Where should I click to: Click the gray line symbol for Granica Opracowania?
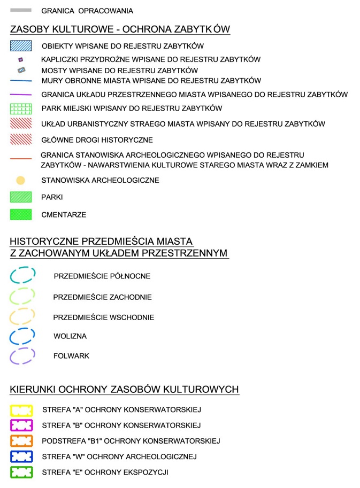coord(21,10)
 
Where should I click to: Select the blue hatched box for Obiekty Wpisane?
coord(21,46)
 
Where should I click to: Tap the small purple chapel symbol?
coord(21,59)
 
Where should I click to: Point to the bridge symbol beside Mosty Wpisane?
coord(21,70)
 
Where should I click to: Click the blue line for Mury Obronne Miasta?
coord(21,81)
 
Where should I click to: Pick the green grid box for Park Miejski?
coord(21,109)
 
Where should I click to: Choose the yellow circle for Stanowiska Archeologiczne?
coord(21,181)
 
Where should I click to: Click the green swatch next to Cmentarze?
coord(21,215)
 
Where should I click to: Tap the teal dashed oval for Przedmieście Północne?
coord(22,275)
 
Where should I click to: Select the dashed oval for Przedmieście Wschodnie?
coord(22,316)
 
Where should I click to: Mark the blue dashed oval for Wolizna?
coord(22,336)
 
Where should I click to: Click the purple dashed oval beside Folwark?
coord(22,356)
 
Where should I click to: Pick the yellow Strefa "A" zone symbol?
coord(21,410)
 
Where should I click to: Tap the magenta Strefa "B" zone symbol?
coord(21,425)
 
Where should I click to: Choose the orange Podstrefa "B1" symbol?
coord(21,441)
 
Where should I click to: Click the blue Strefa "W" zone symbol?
coord(21,456)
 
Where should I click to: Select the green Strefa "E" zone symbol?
coord(21,472)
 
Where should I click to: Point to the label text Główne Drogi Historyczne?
coord(97,140)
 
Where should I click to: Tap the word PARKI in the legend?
coord(52,197)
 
